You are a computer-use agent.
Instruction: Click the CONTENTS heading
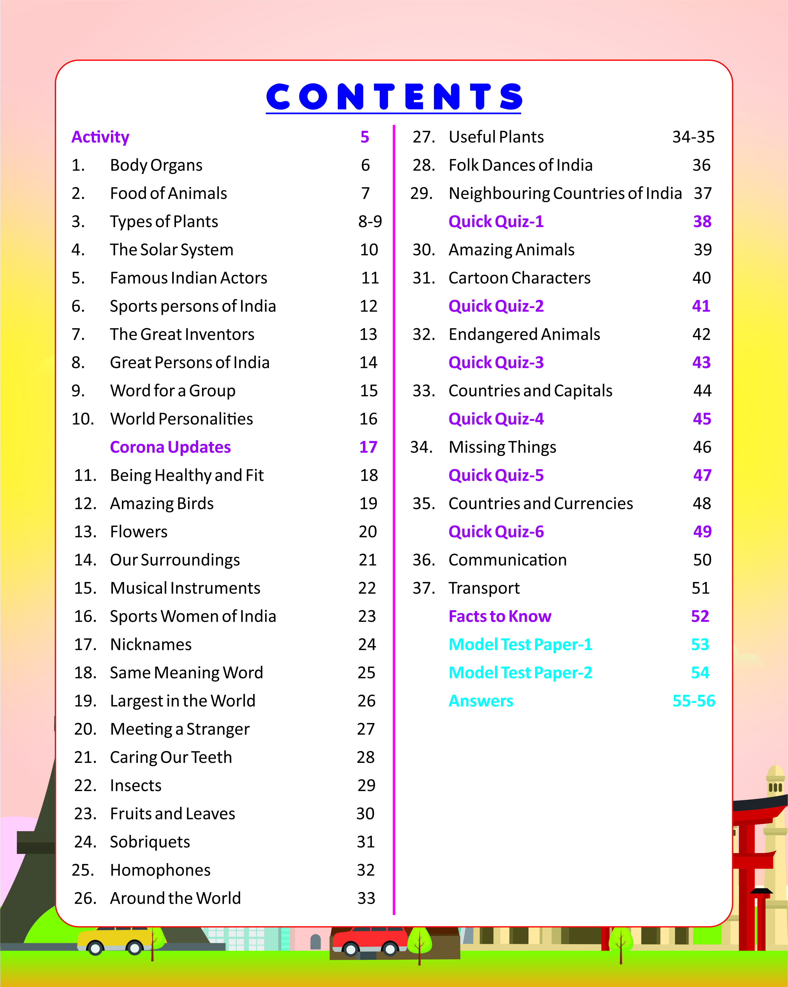(x=393, y=97)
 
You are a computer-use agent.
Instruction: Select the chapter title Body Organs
(x=156, y=165)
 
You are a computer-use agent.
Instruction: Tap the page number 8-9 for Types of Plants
(x=370, y=221)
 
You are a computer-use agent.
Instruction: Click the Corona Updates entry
(x=170, y=447)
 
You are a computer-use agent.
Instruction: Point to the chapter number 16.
(x=85, y=616)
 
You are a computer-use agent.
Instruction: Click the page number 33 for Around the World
(x=366, y=898)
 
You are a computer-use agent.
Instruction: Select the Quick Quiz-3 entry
(x=496, y=363)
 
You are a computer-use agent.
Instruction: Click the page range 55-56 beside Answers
(x=693, y=701)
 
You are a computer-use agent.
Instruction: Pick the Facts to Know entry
(x=500, y=616)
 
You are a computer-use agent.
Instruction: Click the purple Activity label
(x=100, y=137)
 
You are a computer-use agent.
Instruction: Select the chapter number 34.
(x=421, y=447)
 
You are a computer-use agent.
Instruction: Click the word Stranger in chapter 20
(x=218, y=729)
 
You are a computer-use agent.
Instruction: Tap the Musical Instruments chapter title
(x=185, y=588)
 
